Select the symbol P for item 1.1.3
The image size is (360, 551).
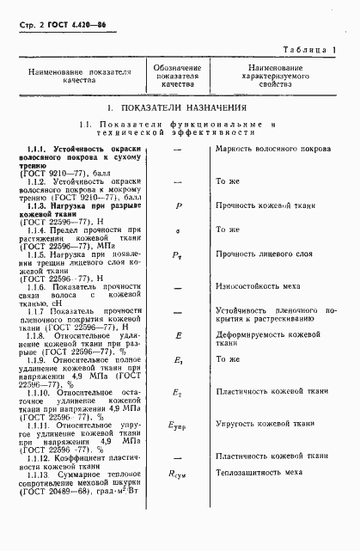(x=178, y=206)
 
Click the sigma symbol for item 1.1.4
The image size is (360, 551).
(x=178, y=230)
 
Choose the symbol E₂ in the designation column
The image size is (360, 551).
(x=178, y=415)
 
